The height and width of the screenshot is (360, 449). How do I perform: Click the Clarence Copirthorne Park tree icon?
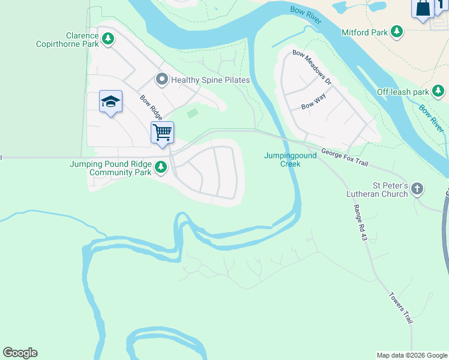[108, 40]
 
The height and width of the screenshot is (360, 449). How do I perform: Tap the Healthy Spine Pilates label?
[210, 80]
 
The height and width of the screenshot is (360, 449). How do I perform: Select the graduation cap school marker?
[110, 102]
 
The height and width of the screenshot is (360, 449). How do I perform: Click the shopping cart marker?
[162, 133]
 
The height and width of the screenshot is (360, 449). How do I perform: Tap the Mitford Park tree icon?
[396, 31]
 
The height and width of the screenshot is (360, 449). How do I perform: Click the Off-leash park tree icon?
[439, 91]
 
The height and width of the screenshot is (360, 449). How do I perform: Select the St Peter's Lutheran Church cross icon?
[417, 190]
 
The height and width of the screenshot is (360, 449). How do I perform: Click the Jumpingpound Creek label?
[291, 160]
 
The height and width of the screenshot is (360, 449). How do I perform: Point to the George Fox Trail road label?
[343, 157]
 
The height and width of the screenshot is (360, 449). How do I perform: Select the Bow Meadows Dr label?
[312, 67]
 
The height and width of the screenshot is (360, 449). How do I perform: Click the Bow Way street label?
[313, 105]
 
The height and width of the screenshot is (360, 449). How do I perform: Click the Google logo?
[20, 353]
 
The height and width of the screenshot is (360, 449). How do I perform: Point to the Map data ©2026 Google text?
[412, 355]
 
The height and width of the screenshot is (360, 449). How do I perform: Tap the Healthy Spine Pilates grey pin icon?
[161, 79]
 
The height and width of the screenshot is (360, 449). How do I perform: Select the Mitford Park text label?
[364, 32]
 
